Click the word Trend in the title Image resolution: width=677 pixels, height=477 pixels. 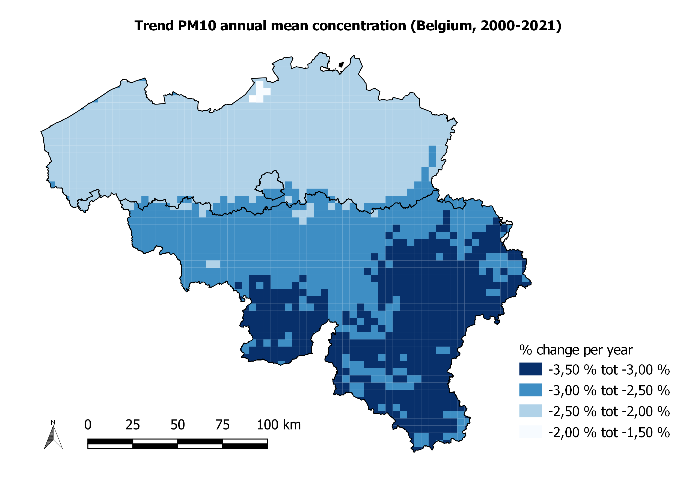154,26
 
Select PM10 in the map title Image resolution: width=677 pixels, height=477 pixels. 197,26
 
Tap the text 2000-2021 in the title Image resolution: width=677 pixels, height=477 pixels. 519,26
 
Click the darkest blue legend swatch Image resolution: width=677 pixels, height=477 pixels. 530,369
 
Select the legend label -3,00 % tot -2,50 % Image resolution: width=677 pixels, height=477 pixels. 608,390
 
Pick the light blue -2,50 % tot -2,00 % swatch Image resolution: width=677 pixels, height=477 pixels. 530,411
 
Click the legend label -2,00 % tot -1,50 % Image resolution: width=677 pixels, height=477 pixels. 608,433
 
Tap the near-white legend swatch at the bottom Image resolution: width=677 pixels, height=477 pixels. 530,432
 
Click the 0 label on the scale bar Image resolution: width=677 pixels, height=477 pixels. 88,425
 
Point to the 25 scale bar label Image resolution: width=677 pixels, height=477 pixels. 132,425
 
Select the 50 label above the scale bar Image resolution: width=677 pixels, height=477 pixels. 177,425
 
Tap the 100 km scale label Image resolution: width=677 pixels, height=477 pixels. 279,425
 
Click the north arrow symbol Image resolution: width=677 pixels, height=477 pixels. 53,438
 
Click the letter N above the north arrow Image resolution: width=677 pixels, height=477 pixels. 53,422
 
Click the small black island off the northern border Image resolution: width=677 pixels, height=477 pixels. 341,64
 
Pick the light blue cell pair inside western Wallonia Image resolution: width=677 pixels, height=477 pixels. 213,264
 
